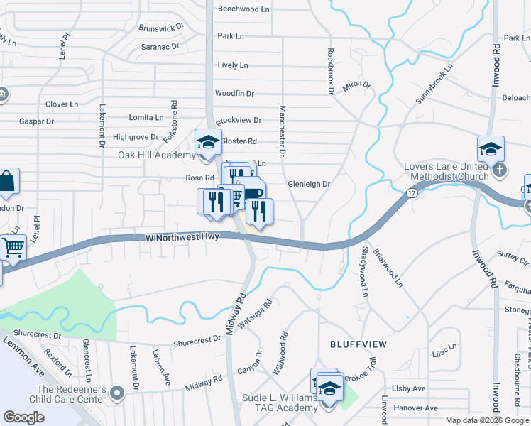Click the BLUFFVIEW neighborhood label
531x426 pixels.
point(358,344)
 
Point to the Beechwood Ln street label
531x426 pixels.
point(244,9)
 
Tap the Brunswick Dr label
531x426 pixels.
point(161,29)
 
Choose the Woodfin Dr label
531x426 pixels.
point(234,93)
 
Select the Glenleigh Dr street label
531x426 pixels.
point(309,184)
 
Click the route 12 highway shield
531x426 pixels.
point(412,193)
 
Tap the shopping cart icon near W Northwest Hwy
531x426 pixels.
point(13,248)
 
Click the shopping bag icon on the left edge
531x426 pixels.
point(6,182)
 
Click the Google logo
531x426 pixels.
point(24,417)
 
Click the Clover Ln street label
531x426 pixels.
point(62,104)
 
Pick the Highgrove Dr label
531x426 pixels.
point(136,137)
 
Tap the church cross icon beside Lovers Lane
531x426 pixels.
point(500,170)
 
